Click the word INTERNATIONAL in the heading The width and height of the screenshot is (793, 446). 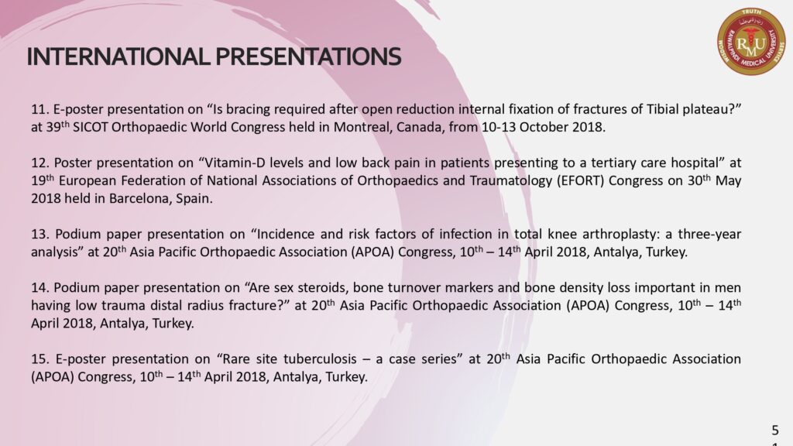pos(118,57)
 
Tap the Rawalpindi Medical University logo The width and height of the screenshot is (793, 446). pos(751,42)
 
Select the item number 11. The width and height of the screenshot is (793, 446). pos(40,109)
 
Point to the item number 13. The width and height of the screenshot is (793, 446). pos(40,234)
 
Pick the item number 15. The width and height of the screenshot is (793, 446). pos(40,359)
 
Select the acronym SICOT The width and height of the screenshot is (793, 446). pos(90,127)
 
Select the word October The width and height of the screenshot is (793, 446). pos(544,127)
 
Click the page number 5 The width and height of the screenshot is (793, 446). pos(775,431)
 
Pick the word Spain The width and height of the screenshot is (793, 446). pos(194,199)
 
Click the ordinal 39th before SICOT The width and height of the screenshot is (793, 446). pos(57,126)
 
